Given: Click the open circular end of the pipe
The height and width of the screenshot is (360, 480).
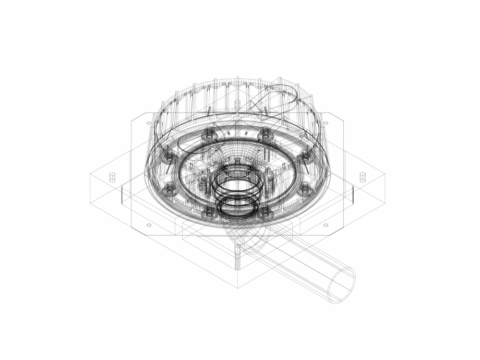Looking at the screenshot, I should pos(341,284).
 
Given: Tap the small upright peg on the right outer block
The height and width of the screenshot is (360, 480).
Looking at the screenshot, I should pos(363,177).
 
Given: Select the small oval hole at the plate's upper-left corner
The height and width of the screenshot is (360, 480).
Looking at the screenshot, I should pos(149,123).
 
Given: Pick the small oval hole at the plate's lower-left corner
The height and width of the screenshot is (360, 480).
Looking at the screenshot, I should pos(149,225).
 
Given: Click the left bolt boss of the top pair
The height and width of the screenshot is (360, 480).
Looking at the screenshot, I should pos(209,136).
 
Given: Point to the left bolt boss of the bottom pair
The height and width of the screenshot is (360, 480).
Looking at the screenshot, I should pos(209,212).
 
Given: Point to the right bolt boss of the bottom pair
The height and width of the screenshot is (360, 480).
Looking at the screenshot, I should pos(266,212).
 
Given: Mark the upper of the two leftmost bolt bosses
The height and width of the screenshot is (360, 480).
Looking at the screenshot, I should pos(169,157).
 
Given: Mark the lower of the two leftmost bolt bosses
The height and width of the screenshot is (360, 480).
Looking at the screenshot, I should pos(169,189).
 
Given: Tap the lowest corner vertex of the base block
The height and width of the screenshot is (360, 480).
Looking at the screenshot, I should pos(238,288).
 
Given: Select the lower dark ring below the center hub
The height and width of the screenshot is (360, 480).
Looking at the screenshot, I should pos(237,207).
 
